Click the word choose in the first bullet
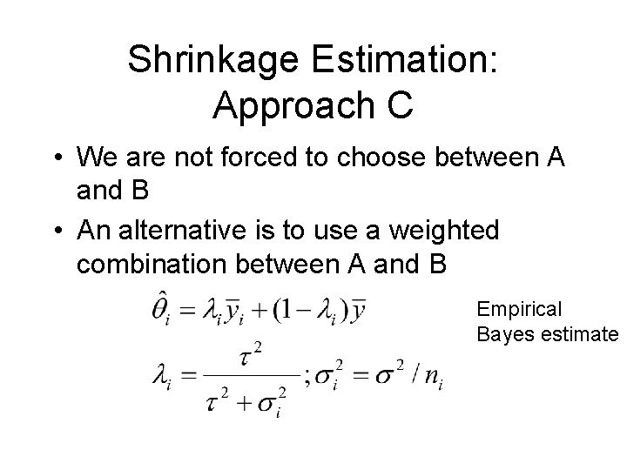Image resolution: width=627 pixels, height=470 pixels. [x=397, y=158]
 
